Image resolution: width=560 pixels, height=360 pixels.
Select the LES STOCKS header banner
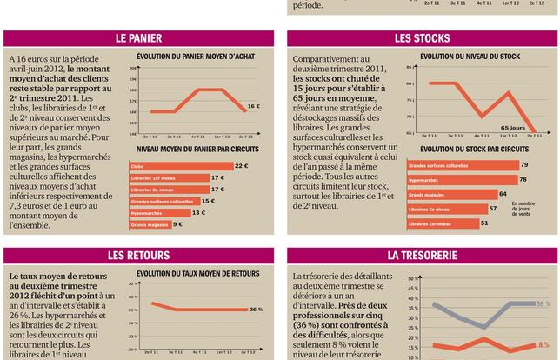point(422,38)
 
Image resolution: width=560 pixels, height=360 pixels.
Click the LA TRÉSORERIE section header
point(422,256)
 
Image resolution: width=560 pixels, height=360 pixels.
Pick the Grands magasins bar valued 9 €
point(150,224)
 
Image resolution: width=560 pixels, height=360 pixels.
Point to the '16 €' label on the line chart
point(252,106)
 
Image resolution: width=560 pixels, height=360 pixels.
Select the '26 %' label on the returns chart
point(256,310)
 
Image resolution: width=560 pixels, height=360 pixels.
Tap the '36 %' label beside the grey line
point(543,303)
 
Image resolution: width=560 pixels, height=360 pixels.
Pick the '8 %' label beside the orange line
point(543,344)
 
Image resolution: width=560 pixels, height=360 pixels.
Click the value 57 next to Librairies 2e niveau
point(493,209)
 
